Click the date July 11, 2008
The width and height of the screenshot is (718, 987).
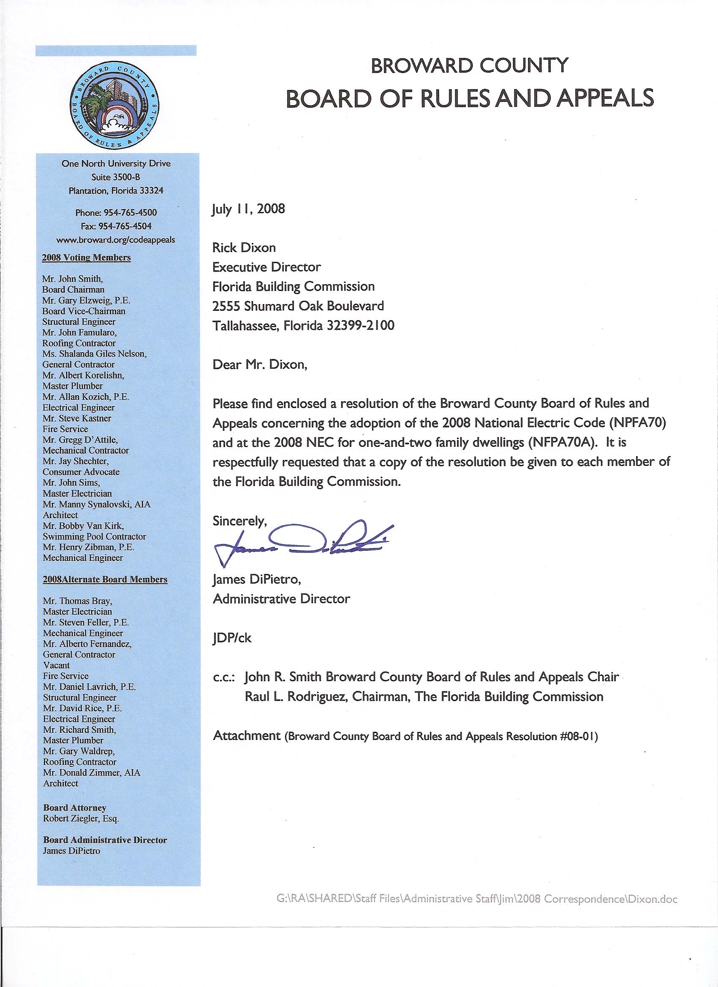pos(248,209)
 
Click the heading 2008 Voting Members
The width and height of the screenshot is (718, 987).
pos(86,257)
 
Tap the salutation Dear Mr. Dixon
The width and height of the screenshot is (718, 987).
pos(260,364)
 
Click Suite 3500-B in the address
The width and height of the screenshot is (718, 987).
pos(116,177)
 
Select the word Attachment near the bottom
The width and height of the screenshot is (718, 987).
pos(247,736)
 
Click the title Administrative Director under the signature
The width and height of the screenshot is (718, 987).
pos(281,599)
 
